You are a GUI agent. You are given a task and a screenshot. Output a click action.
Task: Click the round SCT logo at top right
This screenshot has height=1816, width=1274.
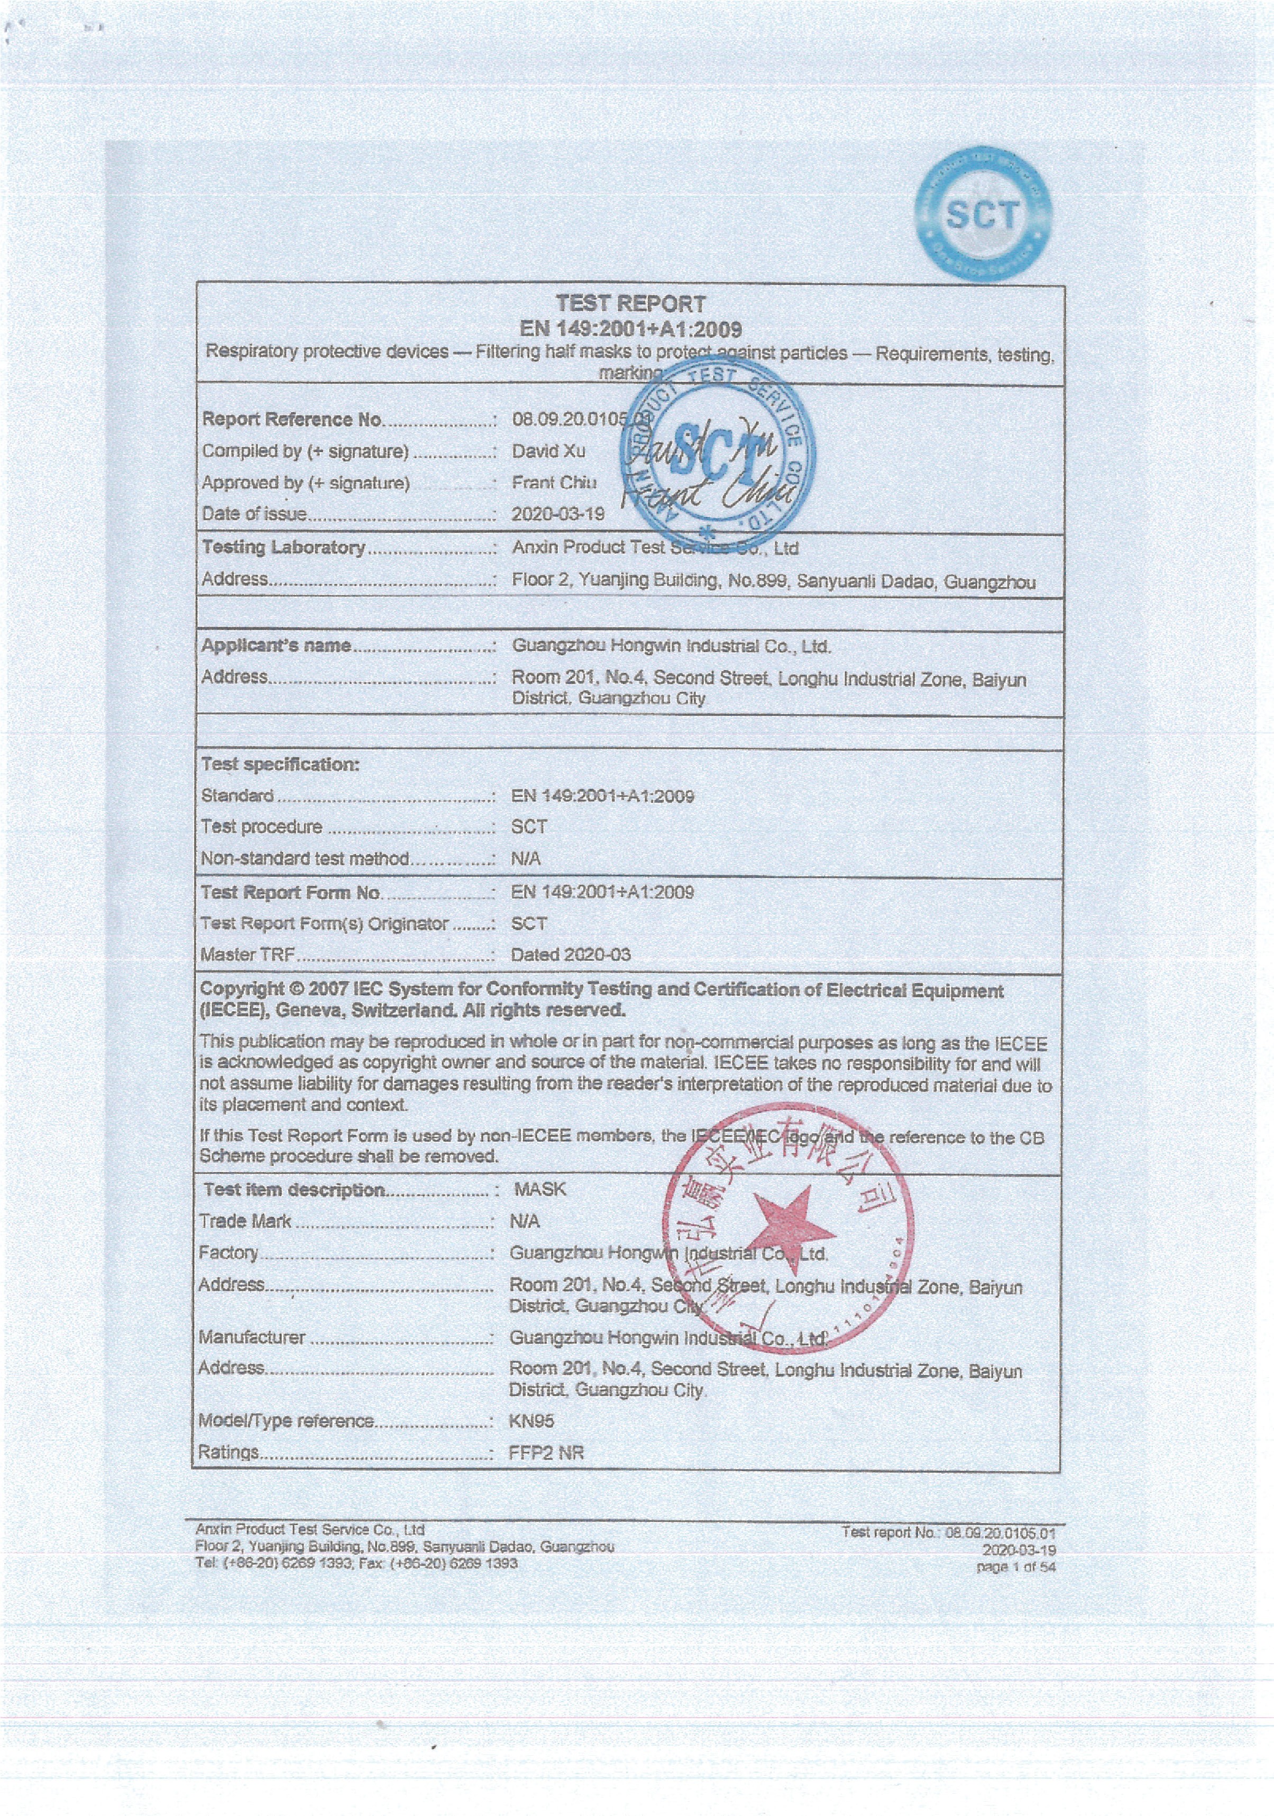point(983,214)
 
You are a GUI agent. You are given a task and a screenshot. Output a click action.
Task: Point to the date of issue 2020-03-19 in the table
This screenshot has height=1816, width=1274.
point(557,514)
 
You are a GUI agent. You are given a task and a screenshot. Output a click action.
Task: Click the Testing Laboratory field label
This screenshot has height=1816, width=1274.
point(283,547)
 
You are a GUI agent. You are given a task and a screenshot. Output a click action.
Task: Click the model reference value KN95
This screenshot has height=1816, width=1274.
point(531,1420)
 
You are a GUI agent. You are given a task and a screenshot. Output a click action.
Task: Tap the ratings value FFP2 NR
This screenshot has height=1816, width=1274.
point(546,1452)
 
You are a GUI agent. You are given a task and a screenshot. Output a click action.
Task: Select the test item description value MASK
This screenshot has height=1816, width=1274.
point(539,1189)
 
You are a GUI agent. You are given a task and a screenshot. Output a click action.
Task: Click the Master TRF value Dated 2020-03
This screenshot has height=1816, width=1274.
point(570,955)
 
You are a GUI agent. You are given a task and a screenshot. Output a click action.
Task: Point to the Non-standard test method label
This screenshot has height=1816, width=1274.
point(305,858)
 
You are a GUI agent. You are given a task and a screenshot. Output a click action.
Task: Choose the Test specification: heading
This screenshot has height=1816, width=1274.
point(280,764)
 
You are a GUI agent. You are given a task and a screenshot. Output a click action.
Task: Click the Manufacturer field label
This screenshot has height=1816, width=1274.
point(252,1337)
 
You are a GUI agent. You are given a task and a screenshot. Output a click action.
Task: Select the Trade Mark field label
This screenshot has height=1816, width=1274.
point(245,1221)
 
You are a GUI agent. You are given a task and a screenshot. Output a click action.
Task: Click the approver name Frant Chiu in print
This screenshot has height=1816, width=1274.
point(554,482)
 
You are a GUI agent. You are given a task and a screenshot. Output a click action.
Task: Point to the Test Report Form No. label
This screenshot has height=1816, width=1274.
point(290,892)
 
